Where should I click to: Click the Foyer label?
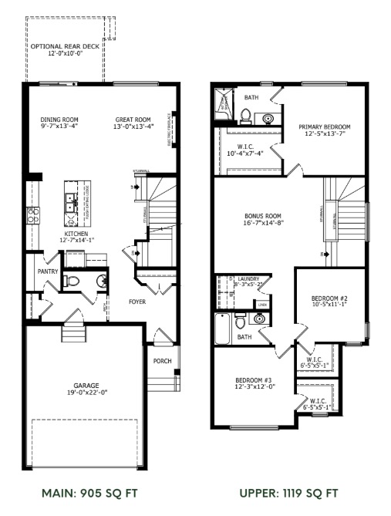(x=137, y=302)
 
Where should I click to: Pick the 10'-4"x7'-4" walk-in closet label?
(x=246, y=149)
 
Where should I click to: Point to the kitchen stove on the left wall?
(x=33, y=215)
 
